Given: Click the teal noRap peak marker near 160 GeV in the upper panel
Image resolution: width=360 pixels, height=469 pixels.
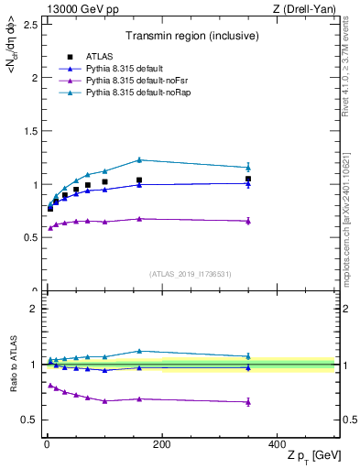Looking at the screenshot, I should click(x=139, y=160).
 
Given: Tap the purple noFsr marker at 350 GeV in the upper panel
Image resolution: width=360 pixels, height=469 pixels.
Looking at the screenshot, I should click(x=248, y=221).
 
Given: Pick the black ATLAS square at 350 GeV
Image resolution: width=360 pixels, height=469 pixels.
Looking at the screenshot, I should click(x=248, y=180).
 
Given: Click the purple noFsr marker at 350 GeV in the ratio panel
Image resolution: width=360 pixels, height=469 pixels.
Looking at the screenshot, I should click(x=248, y=401).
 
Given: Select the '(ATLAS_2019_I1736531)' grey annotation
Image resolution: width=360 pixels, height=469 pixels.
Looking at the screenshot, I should click(x=190, y=274).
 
